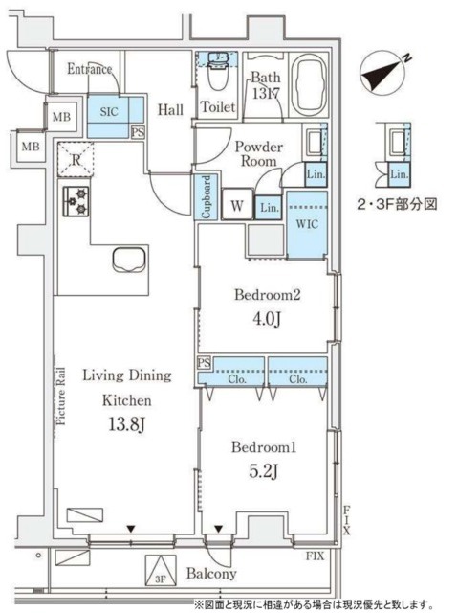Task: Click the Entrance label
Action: (x=91, y=69)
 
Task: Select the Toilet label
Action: (x=218, y=108)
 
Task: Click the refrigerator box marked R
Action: (x=74, y=158)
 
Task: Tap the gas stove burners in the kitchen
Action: (x=75, y=201)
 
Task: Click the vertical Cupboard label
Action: (x=206, y=197)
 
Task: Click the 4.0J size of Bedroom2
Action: (x=269, y=319)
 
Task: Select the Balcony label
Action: (x=210, y=575)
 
